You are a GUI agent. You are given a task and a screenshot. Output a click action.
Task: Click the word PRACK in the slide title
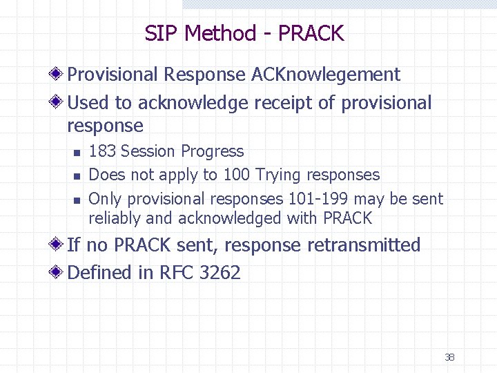point(312,32)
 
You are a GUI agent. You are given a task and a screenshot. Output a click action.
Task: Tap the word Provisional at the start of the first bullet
point(113,75)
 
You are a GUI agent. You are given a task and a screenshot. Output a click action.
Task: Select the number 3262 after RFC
point(220,273)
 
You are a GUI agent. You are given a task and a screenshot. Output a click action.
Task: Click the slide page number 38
point(449,357)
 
